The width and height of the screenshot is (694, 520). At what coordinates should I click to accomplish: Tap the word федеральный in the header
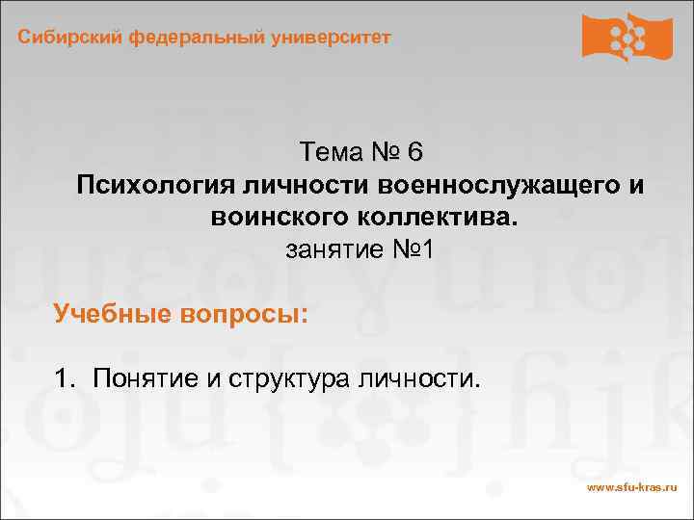click(x=187, y=38)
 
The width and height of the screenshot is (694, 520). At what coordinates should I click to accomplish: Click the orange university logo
click(x=627, y=38)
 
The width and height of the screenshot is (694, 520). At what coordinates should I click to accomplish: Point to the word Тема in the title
click(x=328, y=152)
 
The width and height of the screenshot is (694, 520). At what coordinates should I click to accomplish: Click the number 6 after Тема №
click(x=414, y=152)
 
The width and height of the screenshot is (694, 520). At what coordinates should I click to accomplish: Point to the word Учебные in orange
click(x=108, y=313)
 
